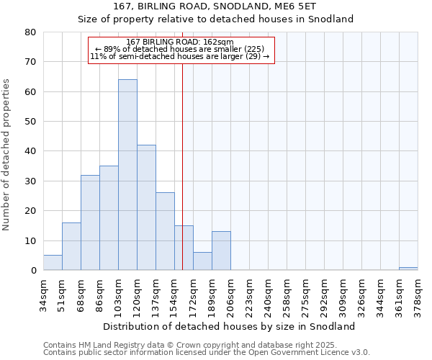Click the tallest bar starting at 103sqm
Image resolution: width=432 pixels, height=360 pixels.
coord(127,175)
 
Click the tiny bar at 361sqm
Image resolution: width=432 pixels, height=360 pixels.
coord(408,269)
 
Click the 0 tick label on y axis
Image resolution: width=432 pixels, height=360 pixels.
coord(32,271)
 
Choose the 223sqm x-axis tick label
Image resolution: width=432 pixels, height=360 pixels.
coord(250,294)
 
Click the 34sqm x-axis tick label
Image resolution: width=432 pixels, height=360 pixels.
coord(44,294)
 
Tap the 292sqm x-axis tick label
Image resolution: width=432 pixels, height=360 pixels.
coord(325,294)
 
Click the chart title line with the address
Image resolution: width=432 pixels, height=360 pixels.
coord(215,6)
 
